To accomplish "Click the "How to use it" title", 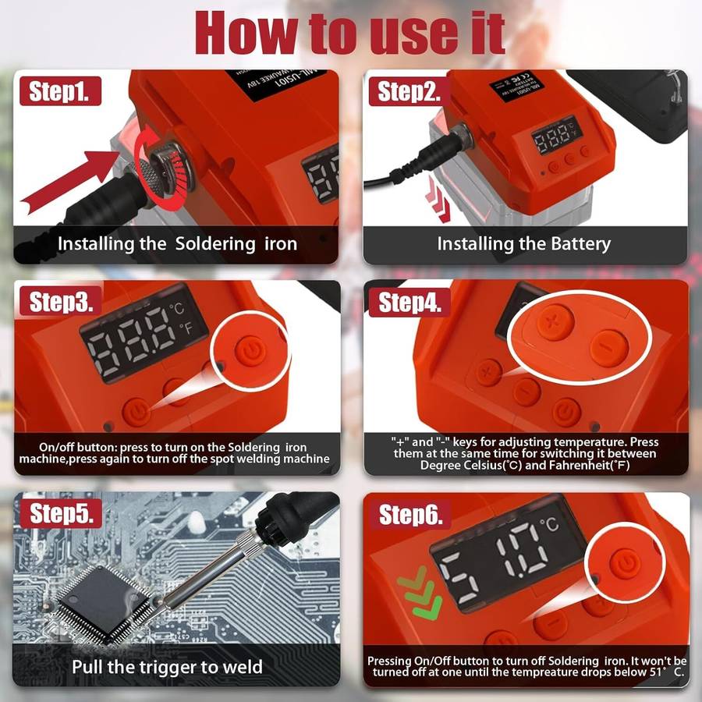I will pyautogui.click(x=351, y=33).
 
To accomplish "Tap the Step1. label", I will pyautogui.click(x=65, y=91).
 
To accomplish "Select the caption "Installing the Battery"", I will pyautogui.click(x=523, y=243).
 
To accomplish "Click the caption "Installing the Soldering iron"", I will pyautogui.click(x=177, y=243).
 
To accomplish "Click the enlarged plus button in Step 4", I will pyautogui.click(x=552, y=322).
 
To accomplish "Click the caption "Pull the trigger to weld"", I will pyautogui.click(x=167, y=667).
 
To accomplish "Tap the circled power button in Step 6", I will pyautogui.click(x=622, y=562).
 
